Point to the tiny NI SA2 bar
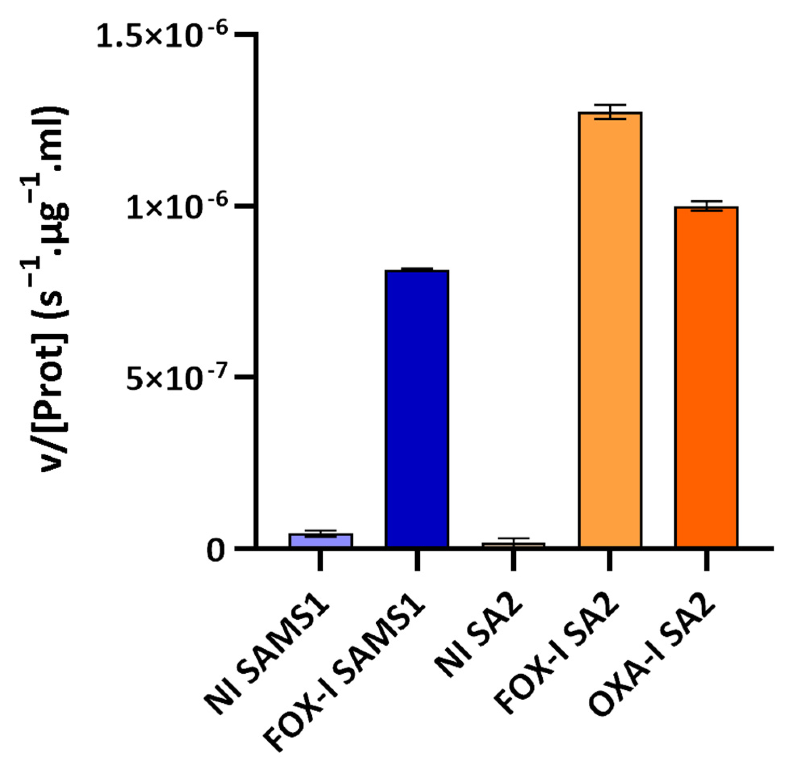pos(513,545)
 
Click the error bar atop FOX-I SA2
pos(610,112)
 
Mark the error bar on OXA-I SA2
pos(706,206)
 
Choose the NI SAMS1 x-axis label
pos(266,656)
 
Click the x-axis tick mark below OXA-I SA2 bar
pos(706,561)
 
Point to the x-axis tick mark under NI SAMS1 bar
pos(320,561)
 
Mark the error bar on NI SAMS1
pos(320,533)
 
